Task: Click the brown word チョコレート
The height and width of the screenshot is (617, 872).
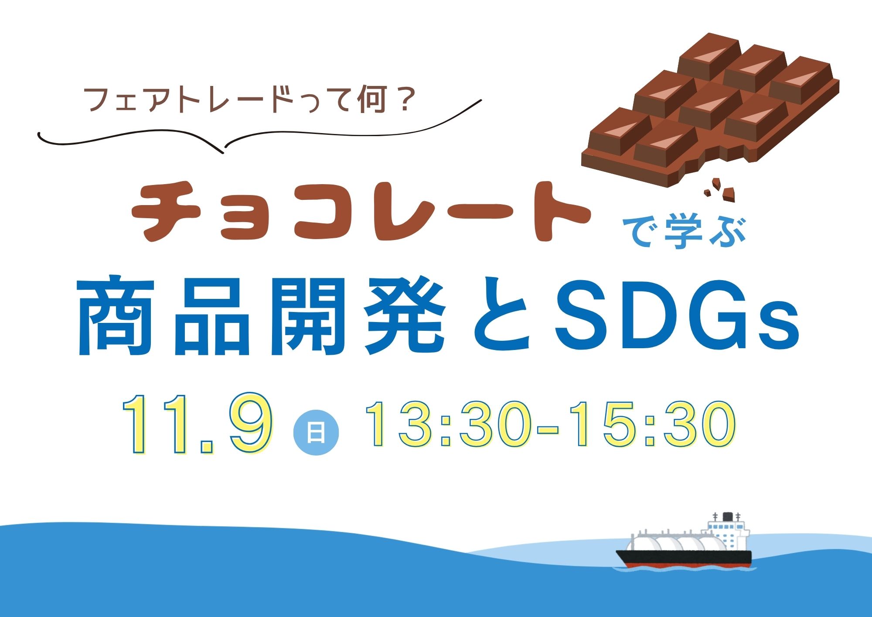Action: click(361, 211)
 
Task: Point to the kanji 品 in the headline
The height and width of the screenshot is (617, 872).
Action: click(212, 315)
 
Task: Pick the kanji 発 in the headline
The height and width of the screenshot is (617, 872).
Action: click(403, 315)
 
